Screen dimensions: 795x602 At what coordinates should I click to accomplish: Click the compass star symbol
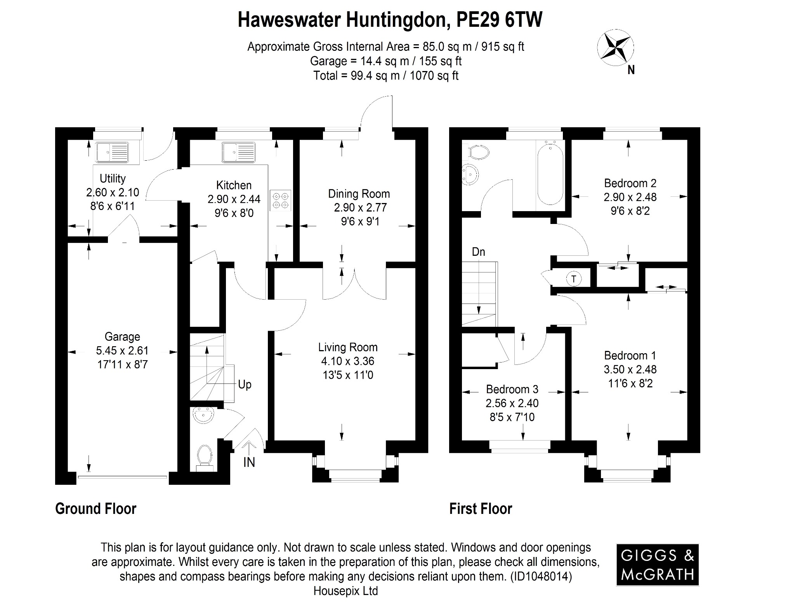(x=615, y=48)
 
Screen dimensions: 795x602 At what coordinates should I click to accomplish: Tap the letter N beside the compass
(x=631, y=70)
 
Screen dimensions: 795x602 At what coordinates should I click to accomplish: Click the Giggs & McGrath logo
(x=657, y=564)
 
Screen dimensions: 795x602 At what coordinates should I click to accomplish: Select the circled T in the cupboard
(x=574, y=279)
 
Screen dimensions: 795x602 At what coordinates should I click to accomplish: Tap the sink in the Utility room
(x=112, y=152)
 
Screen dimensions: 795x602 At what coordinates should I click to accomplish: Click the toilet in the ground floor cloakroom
(x=205, y=456)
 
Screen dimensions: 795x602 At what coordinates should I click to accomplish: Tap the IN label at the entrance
(x=249, y=462)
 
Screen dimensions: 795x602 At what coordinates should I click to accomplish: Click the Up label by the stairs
(x=245, y=385)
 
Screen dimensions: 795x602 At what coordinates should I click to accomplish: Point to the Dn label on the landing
(x=478, y=252)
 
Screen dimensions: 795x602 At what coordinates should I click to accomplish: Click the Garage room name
(x=122, y=337)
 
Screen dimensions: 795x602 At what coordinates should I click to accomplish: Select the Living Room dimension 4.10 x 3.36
(x=347, y=361)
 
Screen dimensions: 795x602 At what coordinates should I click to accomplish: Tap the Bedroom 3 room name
(x=512, y=389)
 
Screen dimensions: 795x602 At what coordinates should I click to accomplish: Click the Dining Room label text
(x=359, y=194)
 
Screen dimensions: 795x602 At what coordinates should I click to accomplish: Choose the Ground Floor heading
(x=96, y=508)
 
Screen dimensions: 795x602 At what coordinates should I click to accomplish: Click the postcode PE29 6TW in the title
(x=499, y=20)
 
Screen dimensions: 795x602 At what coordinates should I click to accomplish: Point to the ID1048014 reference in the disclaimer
(x=539, y=576)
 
